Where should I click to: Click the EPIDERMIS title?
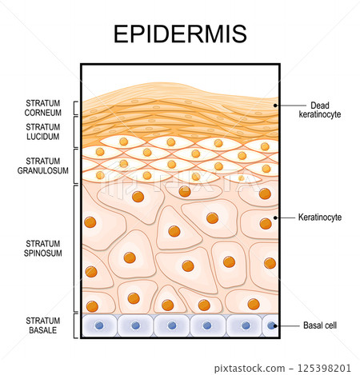(x=180, y=34)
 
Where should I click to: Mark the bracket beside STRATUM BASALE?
(x=76, y=325)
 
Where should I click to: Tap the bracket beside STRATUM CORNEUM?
(x=76, y=109)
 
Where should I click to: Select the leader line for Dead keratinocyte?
(x=288, y=105)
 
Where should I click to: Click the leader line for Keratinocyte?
(x=286, y=217)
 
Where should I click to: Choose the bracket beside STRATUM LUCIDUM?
(x=76, y=132)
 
